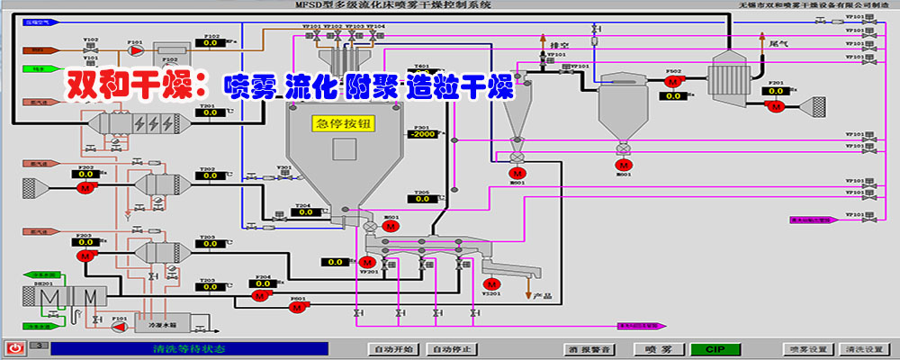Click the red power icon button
click(x=15, y=347)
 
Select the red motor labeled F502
click(x=672, y=81)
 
